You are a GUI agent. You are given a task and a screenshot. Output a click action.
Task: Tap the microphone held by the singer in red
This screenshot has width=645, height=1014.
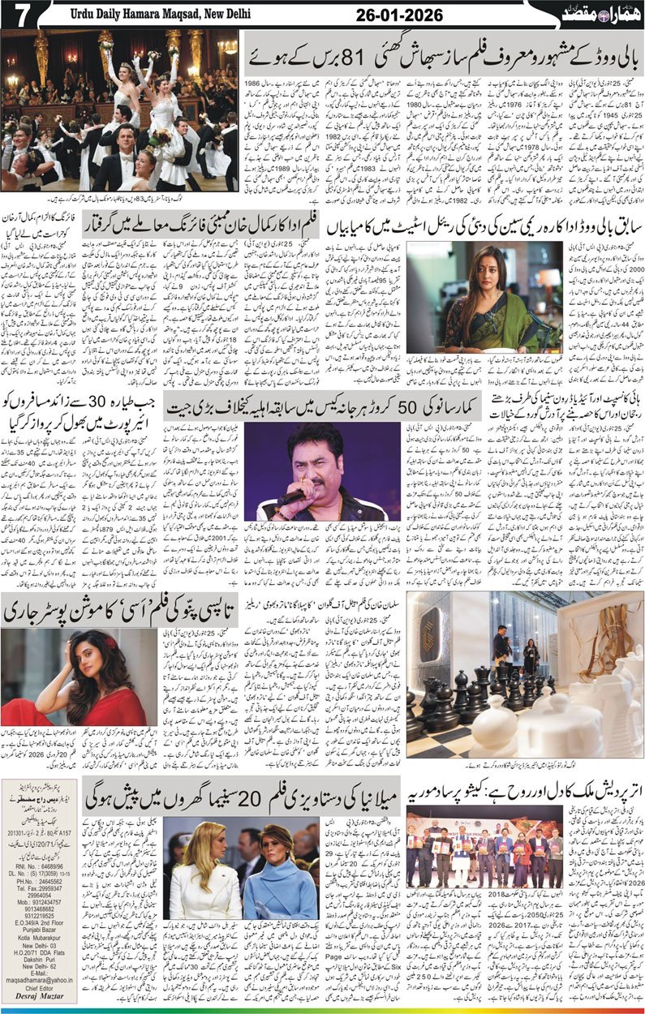290,498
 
